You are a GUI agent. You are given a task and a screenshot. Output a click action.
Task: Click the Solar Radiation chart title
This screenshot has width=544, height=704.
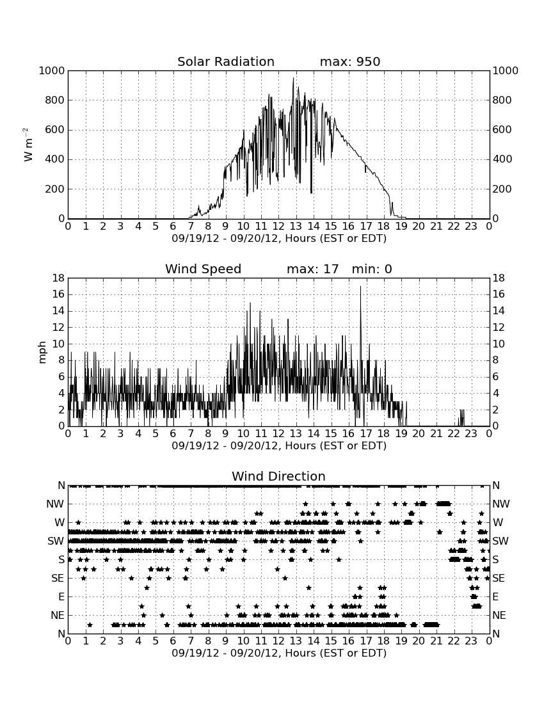coord(226,61)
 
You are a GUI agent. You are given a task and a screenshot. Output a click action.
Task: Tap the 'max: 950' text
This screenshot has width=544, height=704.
coord(350,61)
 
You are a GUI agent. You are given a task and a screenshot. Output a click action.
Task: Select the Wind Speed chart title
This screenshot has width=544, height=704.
coord(204,269)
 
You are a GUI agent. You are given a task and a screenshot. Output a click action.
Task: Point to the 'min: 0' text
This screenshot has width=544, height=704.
coord(372,269)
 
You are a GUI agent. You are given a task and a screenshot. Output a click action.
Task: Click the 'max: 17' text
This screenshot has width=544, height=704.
coord(313,269)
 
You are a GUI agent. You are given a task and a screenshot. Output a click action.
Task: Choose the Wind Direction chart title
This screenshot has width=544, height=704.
coord(279,476)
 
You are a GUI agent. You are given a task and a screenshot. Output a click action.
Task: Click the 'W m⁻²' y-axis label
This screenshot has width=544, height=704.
coord(28,145)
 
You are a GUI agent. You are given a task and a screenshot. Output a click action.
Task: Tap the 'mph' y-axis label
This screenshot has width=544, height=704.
coord(42,353)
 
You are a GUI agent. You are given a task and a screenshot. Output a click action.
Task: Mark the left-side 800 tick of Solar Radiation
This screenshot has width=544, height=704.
coord(55,100)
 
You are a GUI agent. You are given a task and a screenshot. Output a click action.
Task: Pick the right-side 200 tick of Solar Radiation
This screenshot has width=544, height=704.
coord(502,189)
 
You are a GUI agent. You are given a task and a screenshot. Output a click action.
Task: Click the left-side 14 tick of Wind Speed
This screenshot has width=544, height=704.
coord(59,311)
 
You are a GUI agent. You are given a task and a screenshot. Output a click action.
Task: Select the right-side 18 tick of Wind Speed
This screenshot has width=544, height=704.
coord(499,278)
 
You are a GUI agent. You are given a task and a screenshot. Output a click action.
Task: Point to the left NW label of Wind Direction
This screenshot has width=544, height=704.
coord(55,504)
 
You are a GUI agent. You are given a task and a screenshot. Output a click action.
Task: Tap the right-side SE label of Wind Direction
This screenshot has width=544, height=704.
coord(499,579)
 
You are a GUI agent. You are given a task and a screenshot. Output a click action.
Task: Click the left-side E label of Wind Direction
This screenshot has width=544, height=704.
coord(61,596)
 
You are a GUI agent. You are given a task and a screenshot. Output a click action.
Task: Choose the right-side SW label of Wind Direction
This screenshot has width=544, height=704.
coord(500,541)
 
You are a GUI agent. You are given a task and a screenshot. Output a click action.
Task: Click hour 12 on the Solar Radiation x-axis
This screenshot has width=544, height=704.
coord(278,226)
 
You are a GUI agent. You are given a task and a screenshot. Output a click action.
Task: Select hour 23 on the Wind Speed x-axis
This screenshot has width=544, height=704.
coord(471,433)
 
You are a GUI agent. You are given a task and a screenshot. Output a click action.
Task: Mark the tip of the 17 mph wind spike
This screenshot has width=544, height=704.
coord(360,287)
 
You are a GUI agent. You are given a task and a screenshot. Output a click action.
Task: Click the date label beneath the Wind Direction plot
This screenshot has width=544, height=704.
coord(279,653)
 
